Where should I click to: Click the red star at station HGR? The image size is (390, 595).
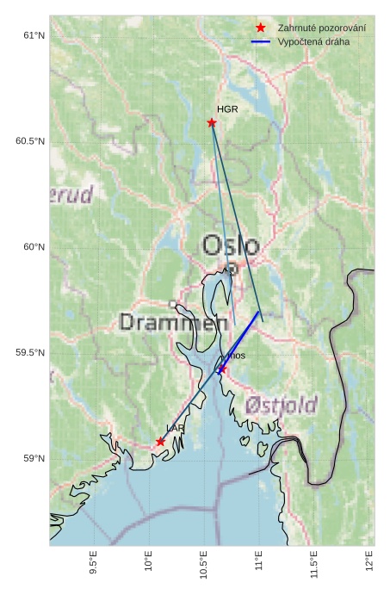click(x=212, y=122)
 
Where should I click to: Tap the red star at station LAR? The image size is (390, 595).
click(x=160, y=442)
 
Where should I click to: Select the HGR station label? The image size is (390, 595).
click(x=227, y=109)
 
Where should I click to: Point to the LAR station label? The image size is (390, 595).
click(x=175, y=428)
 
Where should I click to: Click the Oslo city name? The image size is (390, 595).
click(x=230, y=245)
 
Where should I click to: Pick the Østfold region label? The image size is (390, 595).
click(x=281, y=405)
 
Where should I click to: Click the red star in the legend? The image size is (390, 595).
click(x=261, y=28)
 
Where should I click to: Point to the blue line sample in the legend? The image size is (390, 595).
click(x=261, y=41)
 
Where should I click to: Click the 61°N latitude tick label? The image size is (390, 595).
click(x=33, y=35)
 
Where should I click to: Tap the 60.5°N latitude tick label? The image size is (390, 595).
click(x=29, y=141)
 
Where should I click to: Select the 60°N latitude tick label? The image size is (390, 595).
click(x=33, y=247)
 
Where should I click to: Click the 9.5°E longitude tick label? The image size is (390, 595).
click(x=94, y=563)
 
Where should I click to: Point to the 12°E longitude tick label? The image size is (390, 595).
click(x=369, y=561)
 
